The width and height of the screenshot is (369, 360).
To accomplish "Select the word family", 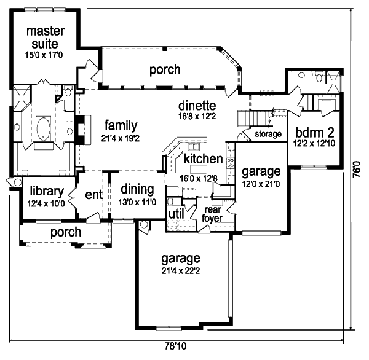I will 116,125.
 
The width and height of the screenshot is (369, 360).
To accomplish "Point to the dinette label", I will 197,104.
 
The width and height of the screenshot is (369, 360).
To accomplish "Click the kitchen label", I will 203,159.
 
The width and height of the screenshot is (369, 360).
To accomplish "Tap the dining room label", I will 137,190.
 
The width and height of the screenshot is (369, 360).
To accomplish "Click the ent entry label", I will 93,195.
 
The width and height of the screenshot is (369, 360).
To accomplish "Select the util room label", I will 175,214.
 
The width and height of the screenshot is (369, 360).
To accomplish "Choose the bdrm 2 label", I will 314,133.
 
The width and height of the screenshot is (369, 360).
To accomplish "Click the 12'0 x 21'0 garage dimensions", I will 260,182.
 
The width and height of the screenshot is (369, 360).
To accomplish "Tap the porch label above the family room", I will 165,69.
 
